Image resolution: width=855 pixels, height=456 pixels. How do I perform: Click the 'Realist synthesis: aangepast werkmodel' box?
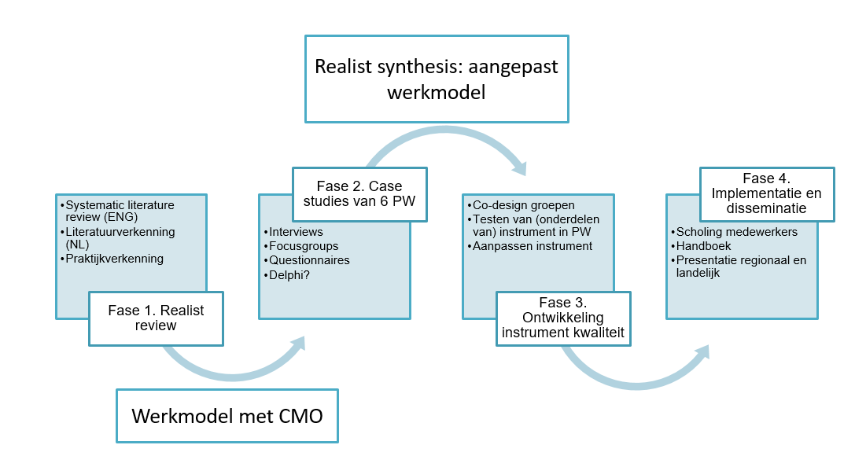pos(437,79)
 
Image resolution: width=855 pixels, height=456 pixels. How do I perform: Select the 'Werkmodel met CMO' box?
pos(227,415)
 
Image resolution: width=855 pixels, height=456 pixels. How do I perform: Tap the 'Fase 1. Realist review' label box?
pos(156,318)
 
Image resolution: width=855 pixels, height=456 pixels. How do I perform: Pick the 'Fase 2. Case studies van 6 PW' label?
pos(359,194)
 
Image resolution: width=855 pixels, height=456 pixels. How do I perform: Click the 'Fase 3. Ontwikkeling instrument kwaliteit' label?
pos(562,318)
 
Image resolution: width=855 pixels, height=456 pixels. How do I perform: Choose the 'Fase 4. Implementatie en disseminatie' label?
pos(767,194)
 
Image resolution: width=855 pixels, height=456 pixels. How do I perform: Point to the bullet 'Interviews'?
pos(296,232)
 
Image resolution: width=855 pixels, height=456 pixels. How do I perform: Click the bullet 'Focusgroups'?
pos(301,246)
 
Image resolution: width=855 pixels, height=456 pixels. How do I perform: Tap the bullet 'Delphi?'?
pos(289,274)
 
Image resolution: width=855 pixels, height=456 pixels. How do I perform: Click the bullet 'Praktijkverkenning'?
pos(115,259)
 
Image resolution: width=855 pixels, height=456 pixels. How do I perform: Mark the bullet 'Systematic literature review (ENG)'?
pos(120,211)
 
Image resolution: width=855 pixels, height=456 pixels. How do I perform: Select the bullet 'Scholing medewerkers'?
pos(736,232)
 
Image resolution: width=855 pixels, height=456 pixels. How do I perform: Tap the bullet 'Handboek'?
pos(704,246)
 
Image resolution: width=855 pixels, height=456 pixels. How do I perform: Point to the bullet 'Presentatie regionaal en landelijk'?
pos(740,267)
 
